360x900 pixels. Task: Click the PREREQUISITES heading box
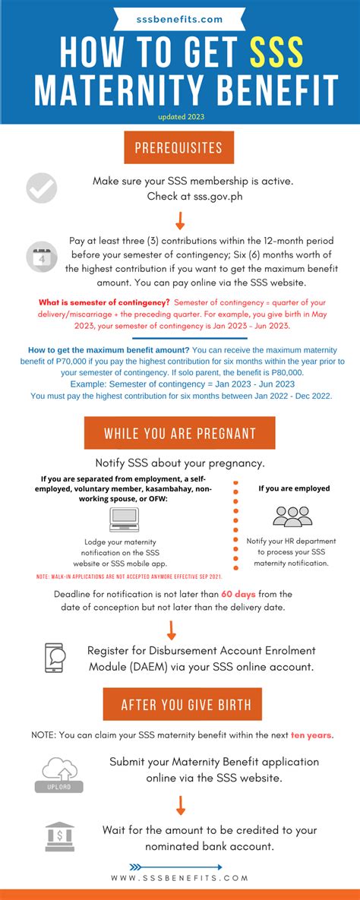179,147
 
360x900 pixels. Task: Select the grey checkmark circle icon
42,188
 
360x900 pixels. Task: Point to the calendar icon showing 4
41,256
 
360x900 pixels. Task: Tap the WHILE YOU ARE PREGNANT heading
179,433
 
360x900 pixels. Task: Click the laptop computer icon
124,519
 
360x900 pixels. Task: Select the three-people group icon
292,516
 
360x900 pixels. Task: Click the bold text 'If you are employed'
294,488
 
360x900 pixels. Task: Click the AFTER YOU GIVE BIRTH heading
182,704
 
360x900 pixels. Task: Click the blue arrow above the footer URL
175,867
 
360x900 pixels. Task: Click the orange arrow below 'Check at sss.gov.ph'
180,220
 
